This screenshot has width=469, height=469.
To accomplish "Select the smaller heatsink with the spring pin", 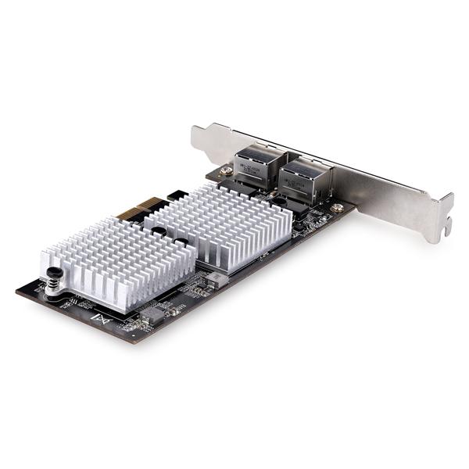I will coord(117,262).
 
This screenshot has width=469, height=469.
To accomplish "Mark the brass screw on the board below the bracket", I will coord(337,208).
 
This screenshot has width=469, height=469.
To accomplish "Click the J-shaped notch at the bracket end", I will coord(446,227).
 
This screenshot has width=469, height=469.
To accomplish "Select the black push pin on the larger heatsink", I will coord(278,202).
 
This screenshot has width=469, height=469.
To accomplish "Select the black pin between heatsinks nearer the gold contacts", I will coord(159,231).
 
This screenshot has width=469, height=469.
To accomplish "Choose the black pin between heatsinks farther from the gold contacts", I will coord(181,243).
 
